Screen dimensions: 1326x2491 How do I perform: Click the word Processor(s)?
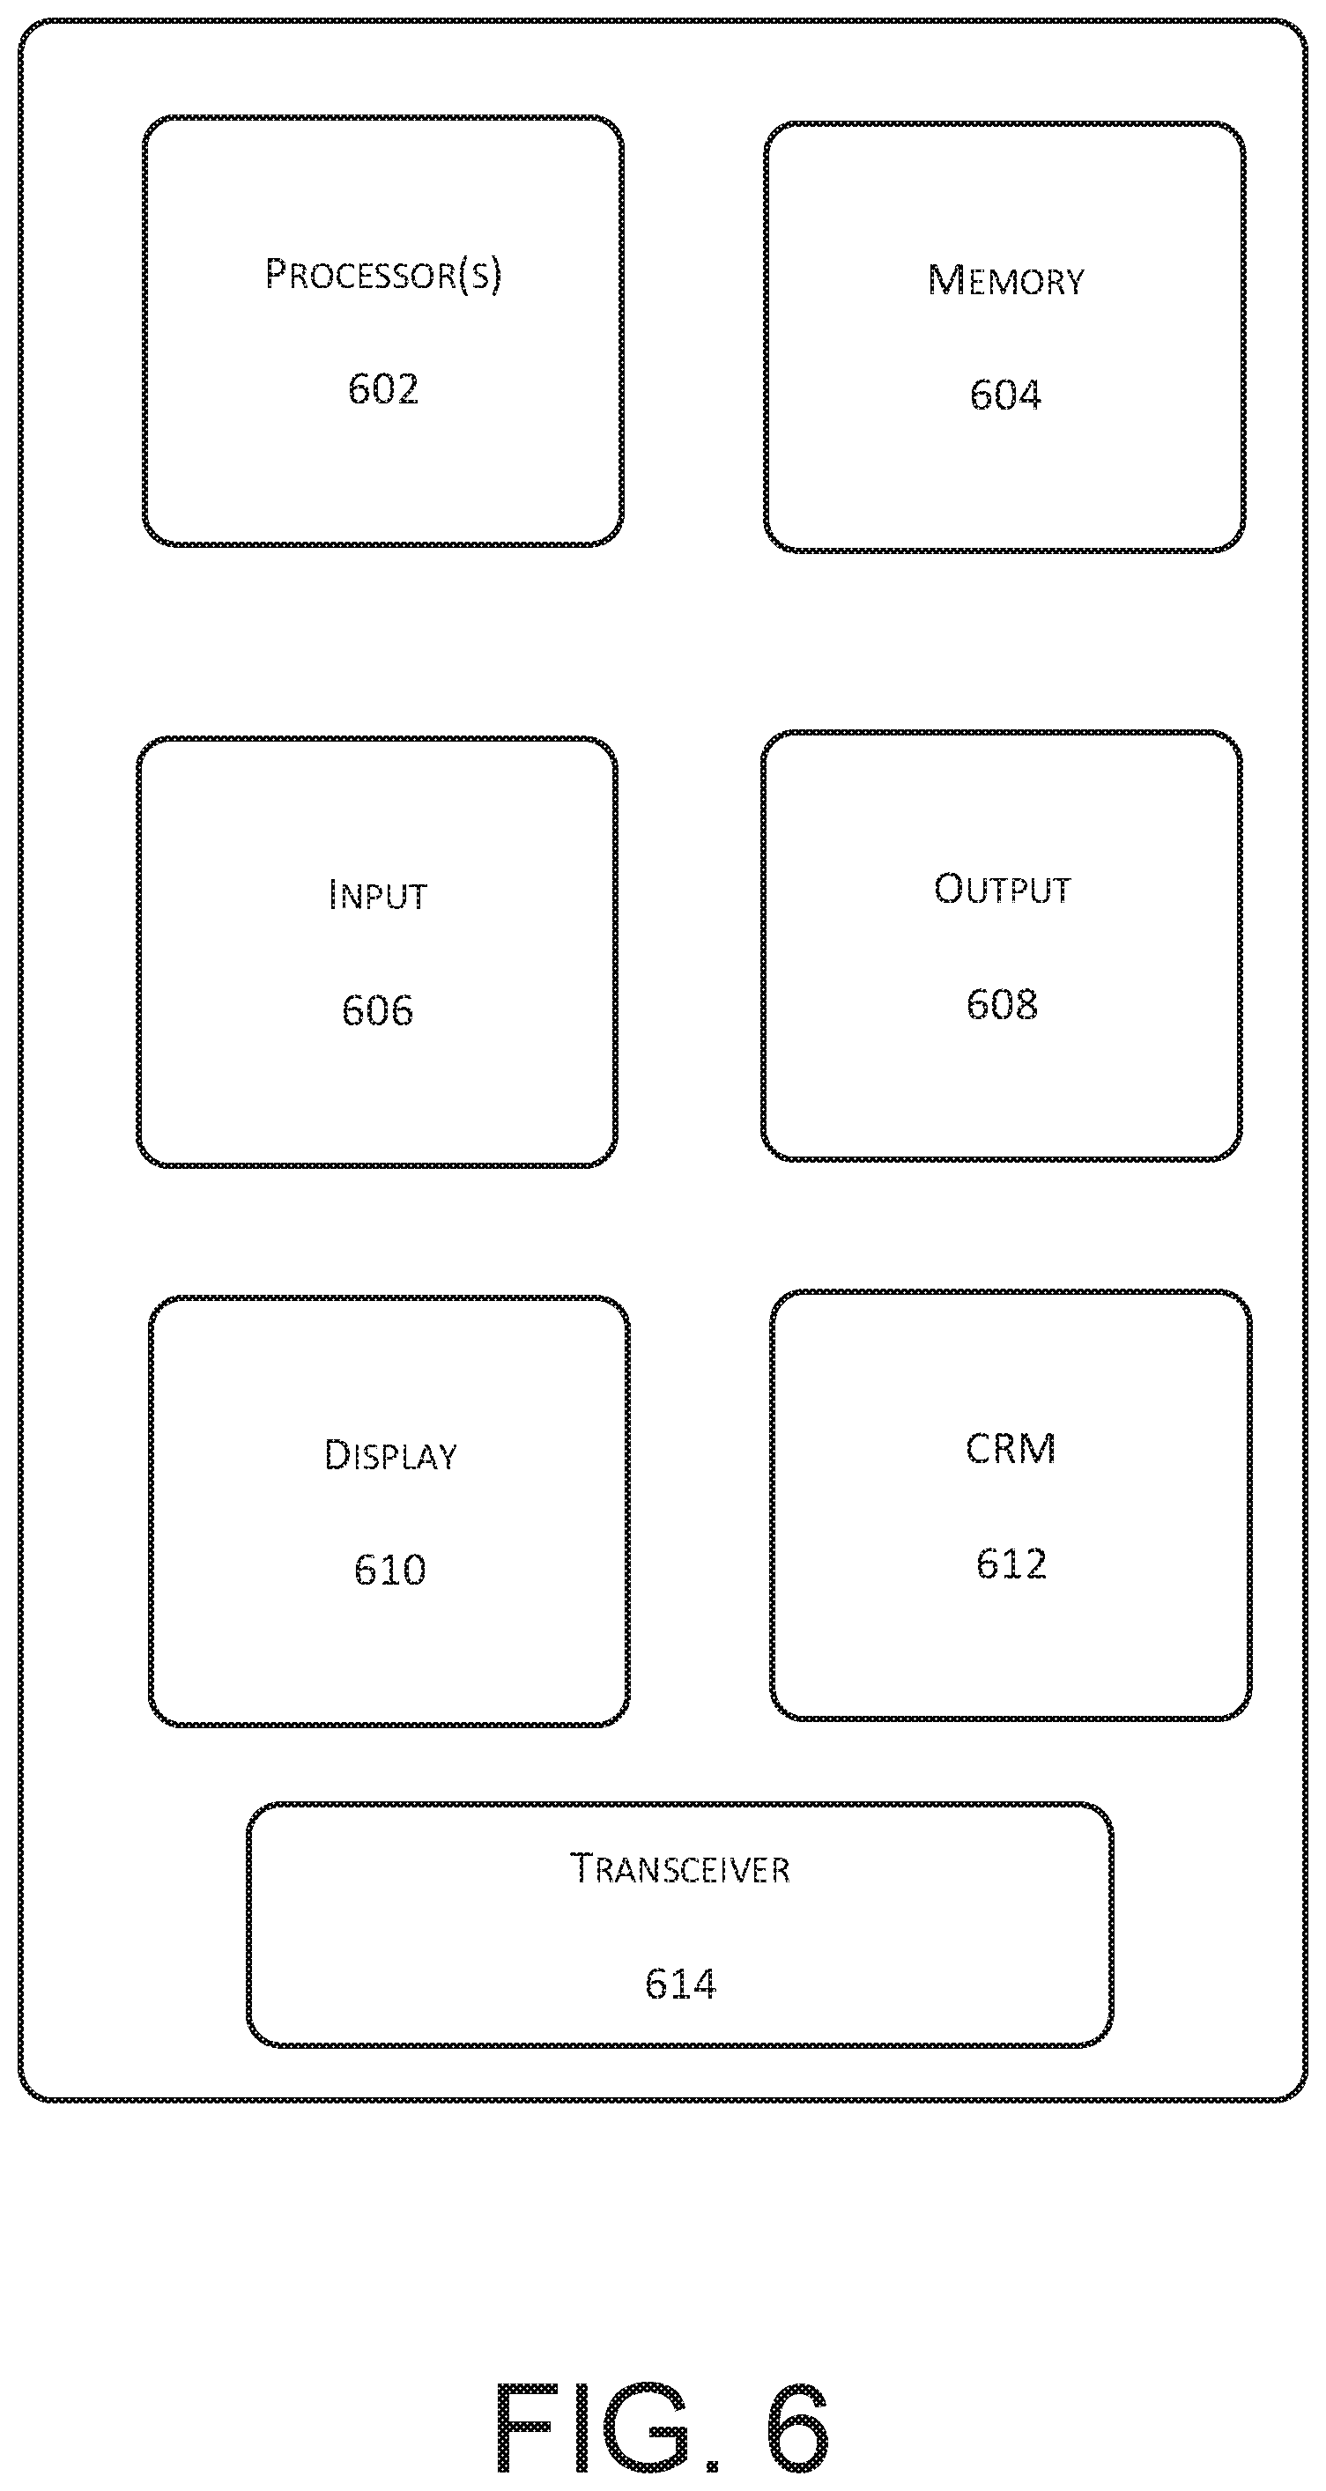384,275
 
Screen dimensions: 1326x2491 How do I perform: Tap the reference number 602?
383,388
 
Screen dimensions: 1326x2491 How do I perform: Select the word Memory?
1006,280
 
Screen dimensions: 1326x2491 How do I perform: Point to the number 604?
1006,395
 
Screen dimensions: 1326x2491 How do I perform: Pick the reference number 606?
377,1010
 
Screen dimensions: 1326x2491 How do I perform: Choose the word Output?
1002,889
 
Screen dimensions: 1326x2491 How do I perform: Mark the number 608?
1002,1004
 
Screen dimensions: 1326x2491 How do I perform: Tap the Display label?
389,1455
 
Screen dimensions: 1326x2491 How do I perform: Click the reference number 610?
389,1570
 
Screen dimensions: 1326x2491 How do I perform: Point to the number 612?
1011,1563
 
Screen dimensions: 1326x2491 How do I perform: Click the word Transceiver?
680,1868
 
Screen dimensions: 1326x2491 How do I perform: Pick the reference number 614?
680,1984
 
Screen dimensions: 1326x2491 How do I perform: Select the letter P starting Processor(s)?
276,274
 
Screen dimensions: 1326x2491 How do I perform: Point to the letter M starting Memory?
944,280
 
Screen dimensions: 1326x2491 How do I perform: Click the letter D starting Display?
337,1455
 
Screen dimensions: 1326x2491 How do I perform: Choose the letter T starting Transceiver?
581,1868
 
